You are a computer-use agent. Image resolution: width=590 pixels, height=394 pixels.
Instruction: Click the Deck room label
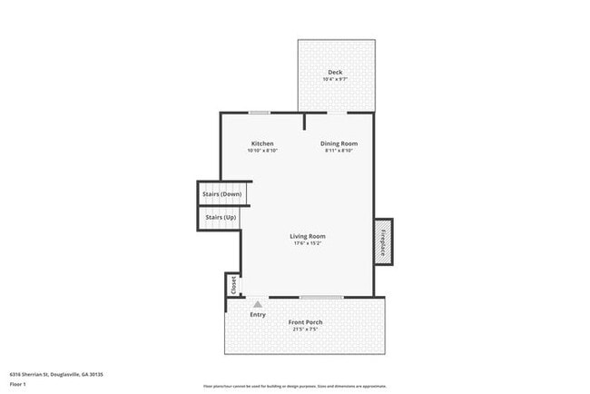tap(336, 72)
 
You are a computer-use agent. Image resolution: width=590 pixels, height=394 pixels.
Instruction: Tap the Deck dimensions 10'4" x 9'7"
tap(336, 79)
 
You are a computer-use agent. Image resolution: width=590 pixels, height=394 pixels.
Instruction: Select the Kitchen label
tap(262, 143)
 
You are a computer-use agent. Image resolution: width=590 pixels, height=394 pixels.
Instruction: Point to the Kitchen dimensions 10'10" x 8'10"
tap(262, 151)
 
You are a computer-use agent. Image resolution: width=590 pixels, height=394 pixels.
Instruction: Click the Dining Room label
tap(339, 143)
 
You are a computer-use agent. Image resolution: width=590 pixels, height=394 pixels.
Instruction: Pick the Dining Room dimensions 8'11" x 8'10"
tap(339, 151)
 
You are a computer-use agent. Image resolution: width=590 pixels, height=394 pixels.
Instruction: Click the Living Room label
tap(308, 236)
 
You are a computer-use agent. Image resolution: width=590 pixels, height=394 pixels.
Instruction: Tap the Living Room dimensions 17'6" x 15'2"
tap(308, 243)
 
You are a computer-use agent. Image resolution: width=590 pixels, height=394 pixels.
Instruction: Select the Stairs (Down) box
tap(221, 194)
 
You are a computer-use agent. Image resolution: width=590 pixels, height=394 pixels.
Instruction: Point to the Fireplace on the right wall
tap(384, 242)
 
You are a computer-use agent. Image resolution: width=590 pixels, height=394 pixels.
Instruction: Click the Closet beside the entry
tap(233, 284)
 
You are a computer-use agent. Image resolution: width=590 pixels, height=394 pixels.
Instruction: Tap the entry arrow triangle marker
tap(258, 304)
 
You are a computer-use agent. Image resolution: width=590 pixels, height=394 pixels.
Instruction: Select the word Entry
tap(258, 314)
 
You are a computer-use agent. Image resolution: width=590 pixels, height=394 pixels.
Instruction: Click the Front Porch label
tap(305, 322)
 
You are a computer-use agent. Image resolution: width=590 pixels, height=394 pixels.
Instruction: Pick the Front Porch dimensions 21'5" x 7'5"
tap(305, 330)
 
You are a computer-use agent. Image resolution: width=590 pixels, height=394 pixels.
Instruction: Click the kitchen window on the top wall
tap(260, 113)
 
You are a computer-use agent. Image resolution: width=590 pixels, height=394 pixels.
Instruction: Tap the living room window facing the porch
tap(321, 297)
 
